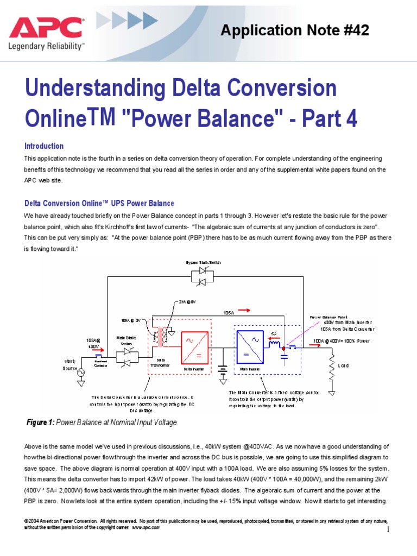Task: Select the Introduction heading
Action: click(44, 146)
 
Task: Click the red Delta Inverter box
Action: click(194, 347)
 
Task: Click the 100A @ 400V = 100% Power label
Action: click(340, 342)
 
